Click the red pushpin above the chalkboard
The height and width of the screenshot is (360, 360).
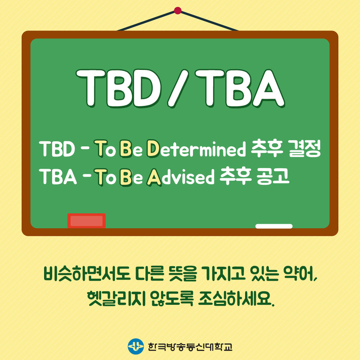pyautogui.click(x=178, y=11)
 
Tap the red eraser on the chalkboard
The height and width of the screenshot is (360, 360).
pyautogui.click(x=87, y=221)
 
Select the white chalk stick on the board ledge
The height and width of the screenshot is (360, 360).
pyautogui.click(x=274, y=226)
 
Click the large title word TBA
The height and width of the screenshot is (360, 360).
pyautogui.click(x=240, y=89)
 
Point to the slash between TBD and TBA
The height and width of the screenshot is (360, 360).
pyautogui.click(x=178, y=89)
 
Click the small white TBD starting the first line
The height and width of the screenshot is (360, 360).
pyautogui.click(x=57, y=149)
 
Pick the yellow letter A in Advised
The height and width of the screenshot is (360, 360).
pyautogui.click(x=154, y=177)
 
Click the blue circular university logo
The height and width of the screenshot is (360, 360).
pyautogui.click(x=136, y=346)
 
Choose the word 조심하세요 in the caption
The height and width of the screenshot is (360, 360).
pyautogui.click(x=236, y=298)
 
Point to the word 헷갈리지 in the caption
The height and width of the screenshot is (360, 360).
pyautogui.click(x=116, y=298)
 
